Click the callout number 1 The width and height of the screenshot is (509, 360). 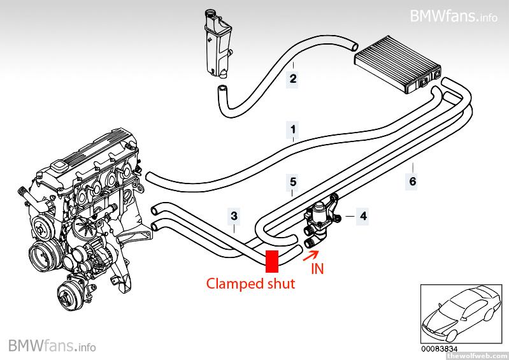(292, 129)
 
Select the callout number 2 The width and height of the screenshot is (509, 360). (292, 79)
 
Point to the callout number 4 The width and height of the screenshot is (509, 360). (362, 217)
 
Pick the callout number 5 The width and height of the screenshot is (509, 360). (292, 182)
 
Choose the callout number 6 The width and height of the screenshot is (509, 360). (412, 182)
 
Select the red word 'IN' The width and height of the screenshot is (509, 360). (317, 269)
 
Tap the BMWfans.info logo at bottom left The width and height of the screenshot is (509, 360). (52, 346)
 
